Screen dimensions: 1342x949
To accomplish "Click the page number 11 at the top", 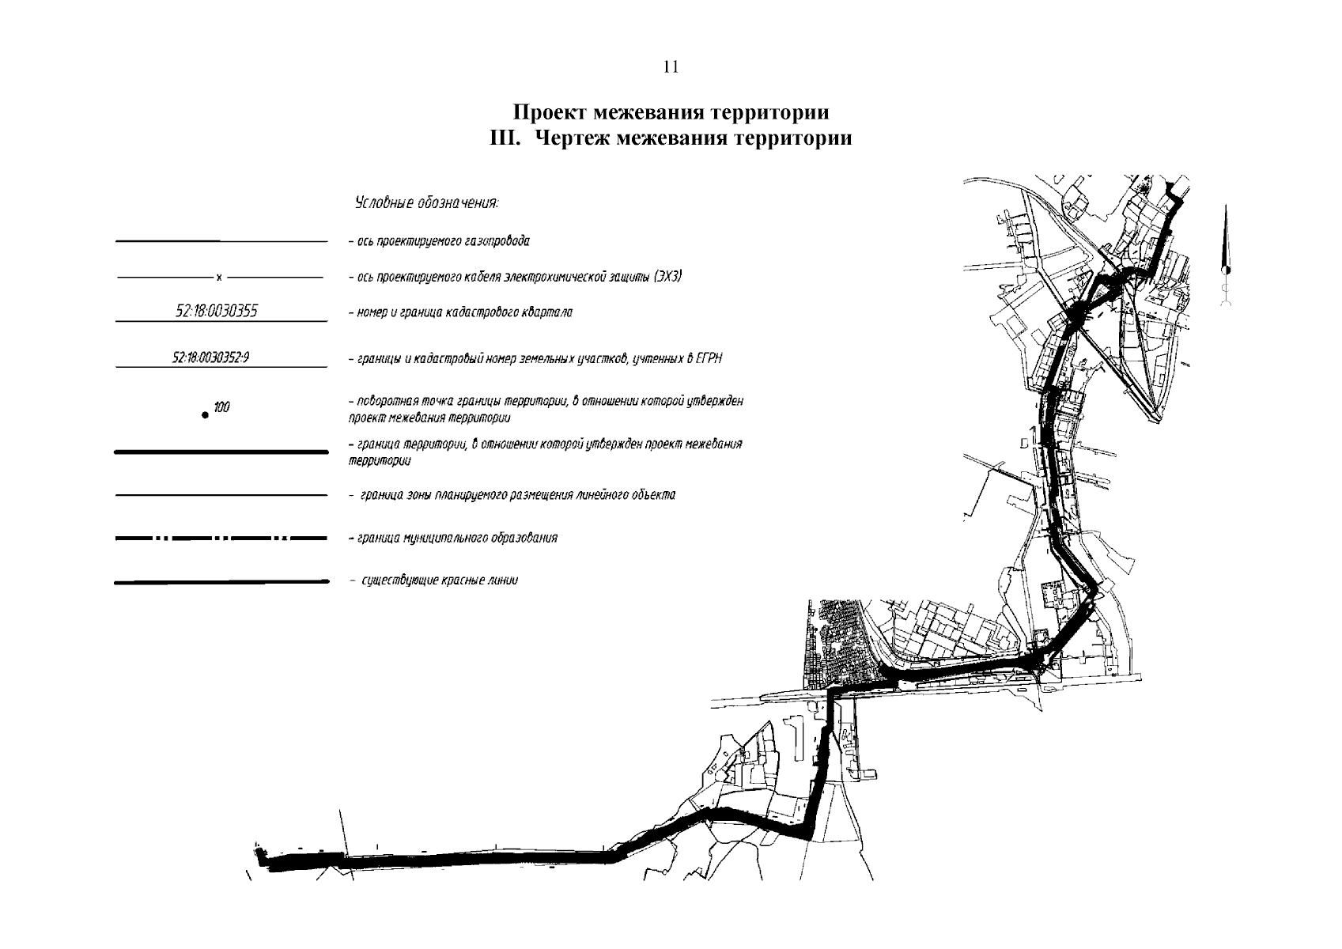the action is [671, 67].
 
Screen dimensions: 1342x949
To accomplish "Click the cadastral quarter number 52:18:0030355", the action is [217, 312].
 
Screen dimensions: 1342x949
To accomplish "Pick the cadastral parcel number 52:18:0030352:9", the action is [211, 358].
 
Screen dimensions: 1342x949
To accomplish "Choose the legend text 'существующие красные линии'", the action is [434, 581].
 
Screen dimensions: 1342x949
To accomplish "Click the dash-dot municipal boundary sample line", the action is [221, 539].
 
